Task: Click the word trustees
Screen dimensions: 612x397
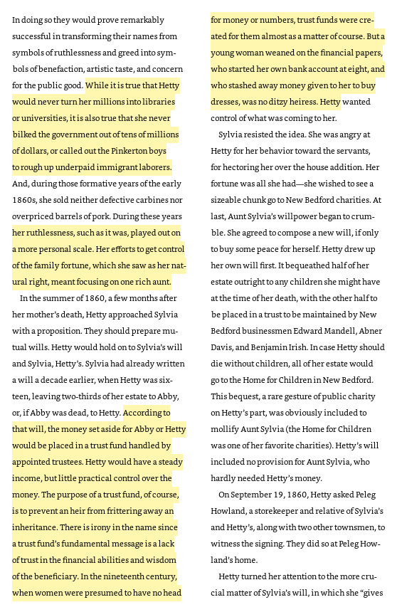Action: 65,462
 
